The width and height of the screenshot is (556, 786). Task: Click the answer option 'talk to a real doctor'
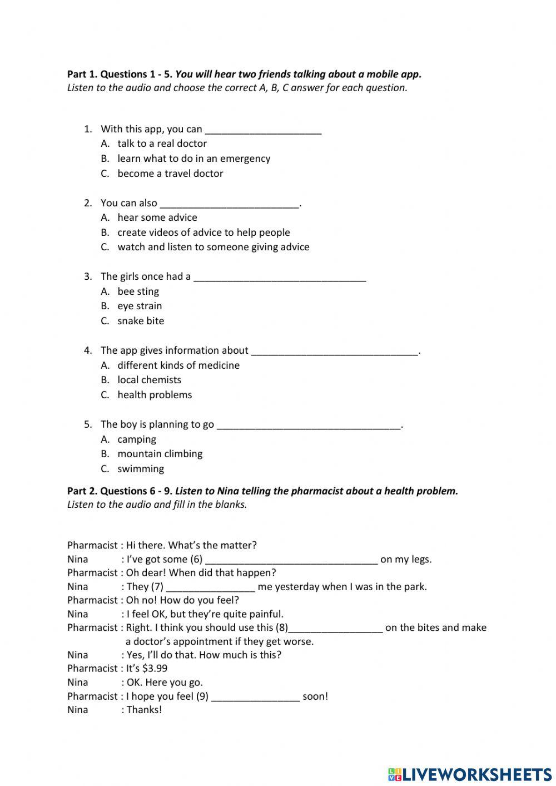162,144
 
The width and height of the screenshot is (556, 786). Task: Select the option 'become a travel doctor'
170,174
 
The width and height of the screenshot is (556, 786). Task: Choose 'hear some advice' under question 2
157,217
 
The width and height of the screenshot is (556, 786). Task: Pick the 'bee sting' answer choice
138,291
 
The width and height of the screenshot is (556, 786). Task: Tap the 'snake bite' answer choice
141,321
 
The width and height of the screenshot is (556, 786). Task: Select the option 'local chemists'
149,380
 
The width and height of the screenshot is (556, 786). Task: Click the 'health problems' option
155,395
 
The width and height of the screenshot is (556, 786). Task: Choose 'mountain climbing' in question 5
160,454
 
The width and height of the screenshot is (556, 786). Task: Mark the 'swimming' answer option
141,469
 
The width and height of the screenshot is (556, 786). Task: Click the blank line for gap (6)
291,560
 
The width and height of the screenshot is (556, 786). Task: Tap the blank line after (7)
211,587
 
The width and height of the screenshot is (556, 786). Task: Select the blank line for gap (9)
256,697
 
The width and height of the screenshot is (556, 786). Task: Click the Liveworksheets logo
470,774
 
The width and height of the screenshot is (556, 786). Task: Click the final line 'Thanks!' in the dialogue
144,710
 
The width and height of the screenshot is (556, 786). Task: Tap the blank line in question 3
280,277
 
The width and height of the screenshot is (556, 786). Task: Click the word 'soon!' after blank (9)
315,696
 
